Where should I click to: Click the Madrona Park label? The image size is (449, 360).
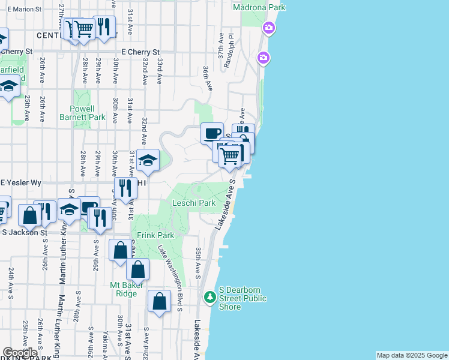point(260,7)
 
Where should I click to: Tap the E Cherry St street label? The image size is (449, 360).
point(141,52)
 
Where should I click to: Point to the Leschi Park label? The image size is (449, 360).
point(194,203)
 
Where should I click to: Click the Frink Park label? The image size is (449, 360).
point(155,235)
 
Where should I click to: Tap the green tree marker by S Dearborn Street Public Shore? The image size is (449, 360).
point(209,297)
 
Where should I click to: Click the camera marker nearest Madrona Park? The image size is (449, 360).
point(268,28)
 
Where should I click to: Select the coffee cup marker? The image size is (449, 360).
point(212,133)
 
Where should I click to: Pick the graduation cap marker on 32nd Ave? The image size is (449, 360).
point(148,160)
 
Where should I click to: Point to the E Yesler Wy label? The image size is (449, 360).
point(21,182)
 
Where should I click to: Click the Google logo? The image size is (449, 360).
point(20,353)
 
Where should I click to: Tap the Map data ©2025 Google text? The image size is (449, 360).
point(412,355)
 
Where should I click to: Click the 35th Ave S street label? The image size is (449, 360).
point(197,262)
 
